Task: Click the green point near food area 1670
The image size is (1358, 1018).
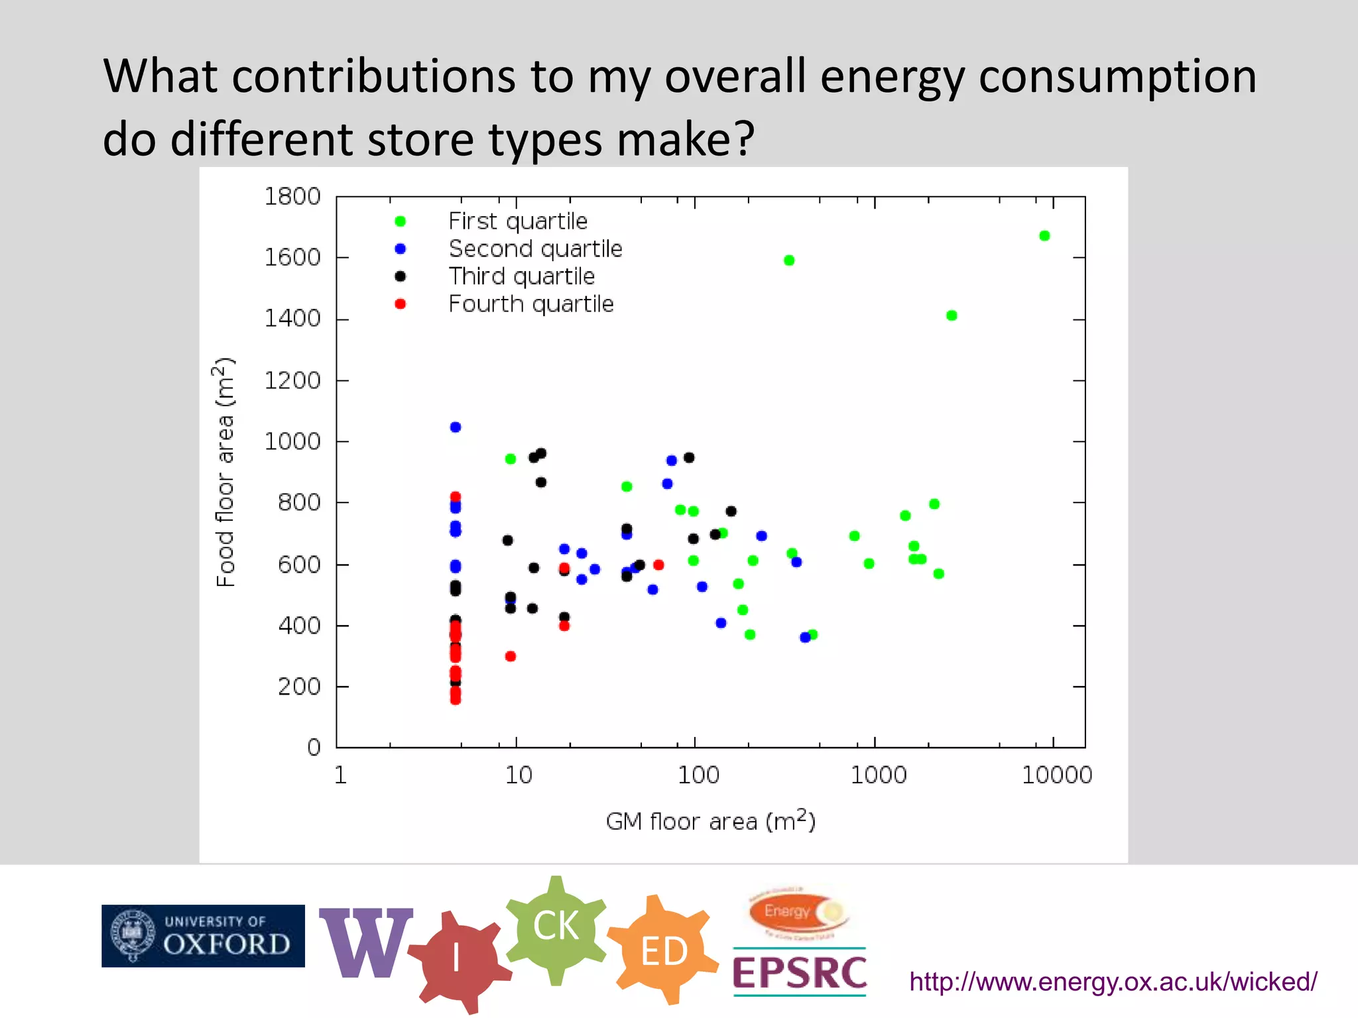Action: (1044, 236)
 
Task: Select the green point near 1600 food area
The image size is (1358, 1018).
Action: (789, 260)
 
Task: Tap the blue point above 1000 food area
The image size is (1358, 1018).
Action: (456, 427)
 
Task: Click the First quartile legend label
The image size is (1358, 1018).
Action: (518, 221)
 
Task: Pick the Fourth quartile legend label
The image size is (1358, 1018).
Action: (531, 304)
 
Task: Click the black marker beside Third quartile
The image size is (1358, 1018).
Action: (401, 276)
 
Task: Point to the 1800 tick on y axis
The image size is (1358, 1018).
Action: (292, 197)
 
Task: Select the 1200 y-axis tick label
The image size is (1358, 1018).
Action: (292, 380)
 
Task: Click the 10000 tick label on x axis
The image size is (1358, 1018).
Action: (1056, 775)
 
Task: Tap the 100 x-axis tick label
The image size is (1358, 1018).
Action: (698, 775)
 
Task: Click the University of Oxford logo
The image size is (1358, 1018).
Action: (203, 936)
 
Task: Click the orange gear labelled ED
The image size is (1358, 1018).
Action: (664, 951)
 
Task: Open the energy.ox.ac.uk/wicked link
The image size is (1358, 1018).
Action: (1113, 982)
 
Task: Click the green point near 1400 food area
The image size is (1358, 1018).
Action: (952, 315)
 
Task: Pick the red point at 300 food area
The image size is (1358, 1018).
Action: (511, 656)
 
